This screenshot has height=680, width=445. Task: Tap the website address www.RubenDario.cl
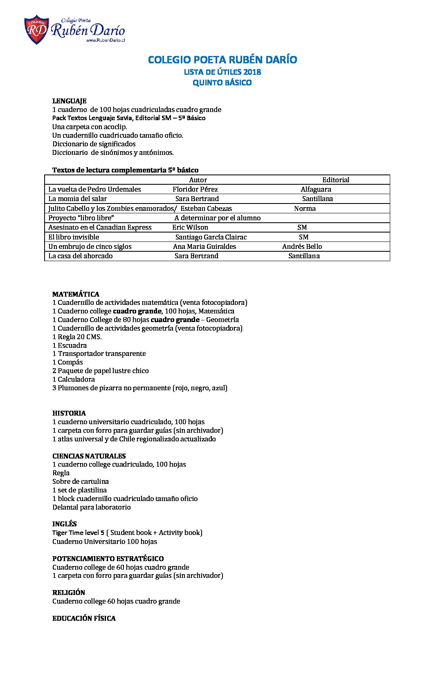click(105, 40)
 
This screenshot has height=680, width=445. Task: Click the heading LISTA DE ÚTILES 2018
click(222, 72)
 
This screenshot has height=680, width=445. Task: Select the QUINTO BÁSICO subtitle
click(222, 83)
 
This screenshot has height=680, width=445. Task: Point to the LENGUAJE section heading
click(69, 101)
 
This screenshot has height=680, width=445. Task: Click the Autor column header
click(198, 180)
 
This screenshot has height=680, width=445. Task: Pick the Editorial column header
click(335, 180)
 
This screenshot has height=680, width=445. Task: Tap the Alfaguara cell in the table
click(316, 189)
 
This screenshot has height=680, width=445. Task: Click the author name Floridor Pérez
click(195, 189)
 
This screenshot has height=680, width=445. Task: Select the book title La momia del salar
click(77, 199)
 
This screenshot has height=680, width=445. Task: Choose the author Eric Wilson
click(190, 227)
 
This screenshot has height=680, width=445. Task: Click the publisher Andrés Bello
click(302, 246)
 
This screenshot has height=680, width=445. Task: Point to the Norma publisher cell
click(305, 208)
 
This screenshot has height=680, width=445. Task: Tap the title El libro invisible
click(74, 237)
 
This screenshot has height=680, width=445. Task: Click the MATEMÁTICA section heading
click(76, 294)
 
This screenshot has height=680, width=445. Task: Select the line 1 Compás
click(67, 362)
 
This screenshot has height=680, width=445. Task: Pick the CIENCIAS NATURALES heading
click(89, 456)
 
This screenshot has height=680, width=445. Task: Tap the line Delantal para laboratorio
click(92, 507)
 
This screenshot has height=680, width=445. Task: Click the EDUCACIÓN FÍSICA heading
click(84, 618)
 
